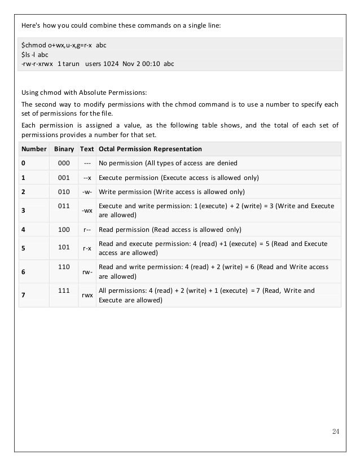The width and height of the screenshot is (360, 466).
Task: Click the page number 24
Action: click(336, 432)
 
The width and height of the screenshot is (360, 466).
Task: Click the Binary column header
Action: click(64, 149)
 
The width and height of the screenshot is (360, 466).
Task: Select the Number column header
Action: click(34, 149)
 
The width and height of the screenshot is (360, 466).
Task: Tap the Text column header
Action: click(87, 149)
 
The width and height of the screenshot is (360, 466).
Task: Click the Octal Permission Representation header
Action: click(151, 149)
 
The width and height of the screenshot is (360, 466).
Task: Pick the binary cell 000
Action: click(64, 164)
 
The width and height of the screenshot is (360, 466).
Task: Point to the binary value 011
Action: click(64, 206)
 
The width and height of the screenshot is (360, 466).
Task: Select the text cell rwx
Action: click(87, 295)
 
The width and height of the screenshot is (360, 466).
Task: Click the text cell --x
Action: click(87, 178)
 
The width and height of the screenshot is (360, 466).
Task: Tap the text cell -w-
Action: click(87, 192)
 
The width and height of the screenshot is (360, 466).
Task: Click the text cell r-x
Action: click(87, 248)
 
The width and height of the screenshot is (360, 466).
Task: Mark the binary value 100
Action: click(64, 230)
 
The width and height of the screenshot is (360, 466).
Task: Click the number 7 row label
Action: click(23, 295)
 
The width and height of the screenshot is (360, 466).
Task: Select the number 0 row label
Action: click(23, 164)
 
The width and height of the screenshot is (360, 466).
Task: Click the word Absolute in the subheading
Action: click(84, 92)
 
